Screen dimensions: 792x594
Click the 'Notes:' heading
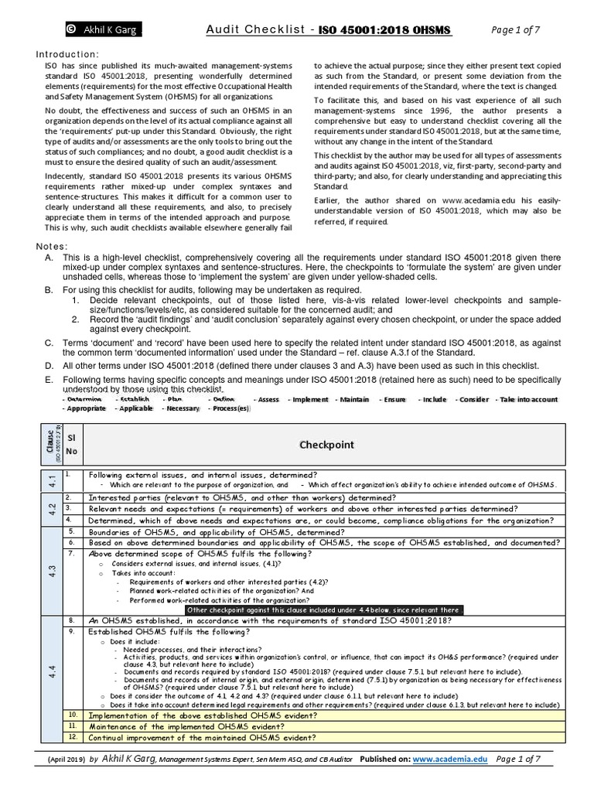click(x=52, y=246)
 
